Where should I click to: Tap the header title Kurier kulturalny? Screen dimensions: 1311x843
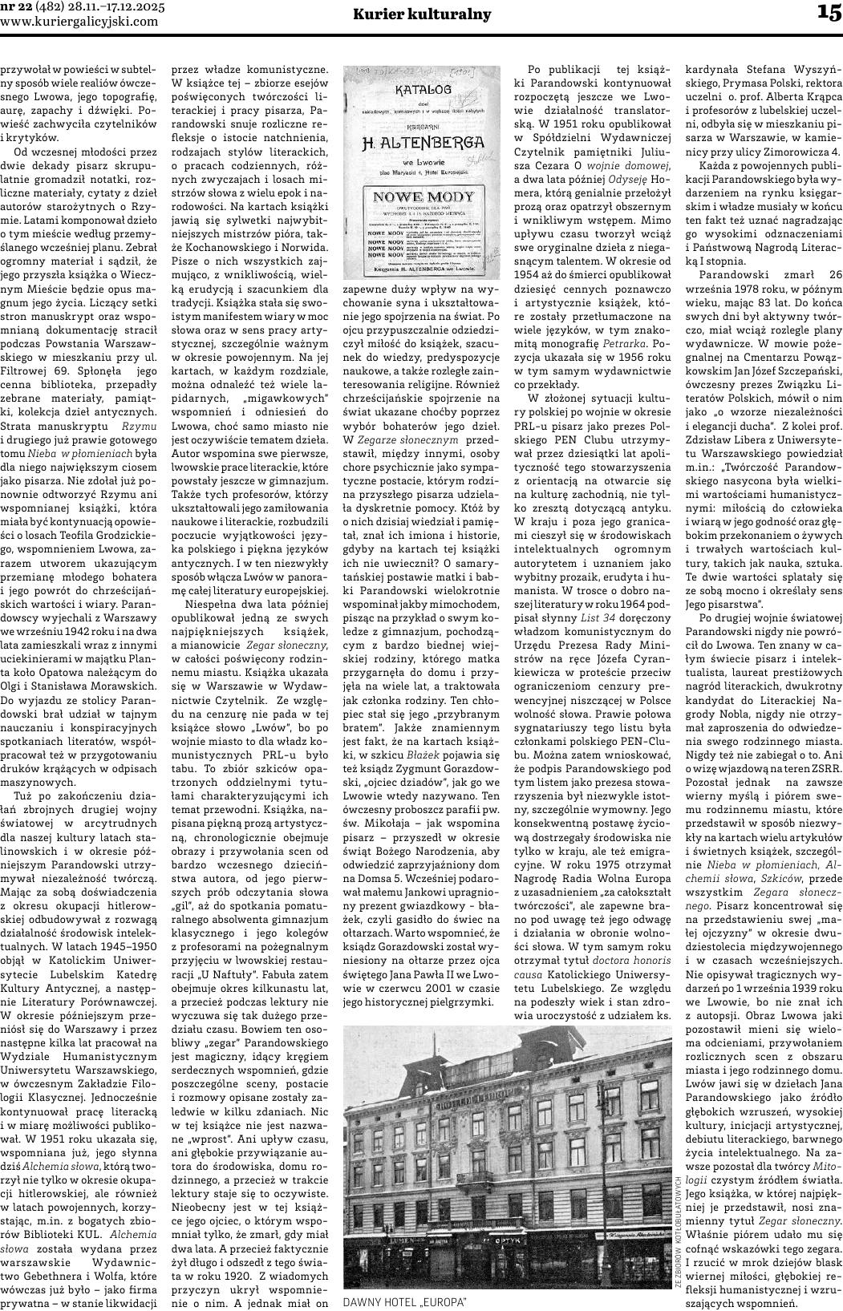(x=422, y=14)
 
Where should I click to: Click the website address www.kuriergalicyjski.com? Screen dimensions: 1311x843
(x=79, y=21)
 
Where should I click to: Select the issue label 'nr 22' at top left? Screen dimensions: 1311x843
(x=17, y=6)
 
